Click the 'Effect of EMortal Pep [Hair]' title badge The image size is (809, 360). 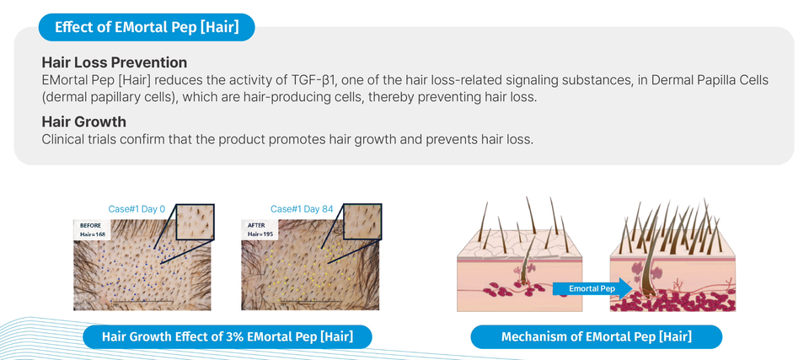pos(147,27)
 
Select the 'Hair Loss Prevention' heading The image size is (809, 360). pos(114,63)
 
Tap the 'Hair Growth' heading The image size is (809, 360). pos(84,122)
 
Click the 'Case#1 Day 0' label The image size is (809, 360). pos(137,209)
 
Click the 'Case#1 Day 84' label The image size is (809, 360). pos(302,209)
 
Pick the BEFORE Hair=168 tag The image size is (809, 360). pos(94,230)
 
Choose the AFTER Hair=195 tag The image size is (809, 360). pos(260,230)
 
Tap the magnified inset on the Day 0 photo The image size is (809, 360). pos(195,222)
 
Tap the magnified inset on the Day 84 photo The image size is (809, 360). pos(362,222)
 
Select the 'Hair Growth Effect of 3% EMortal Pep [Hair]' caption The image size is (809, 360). pos(228,337)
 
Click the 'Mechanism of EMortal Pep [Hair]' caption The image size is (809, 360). pos(597,337)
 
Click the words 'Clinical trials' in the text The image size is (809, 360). pos(77,139)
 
